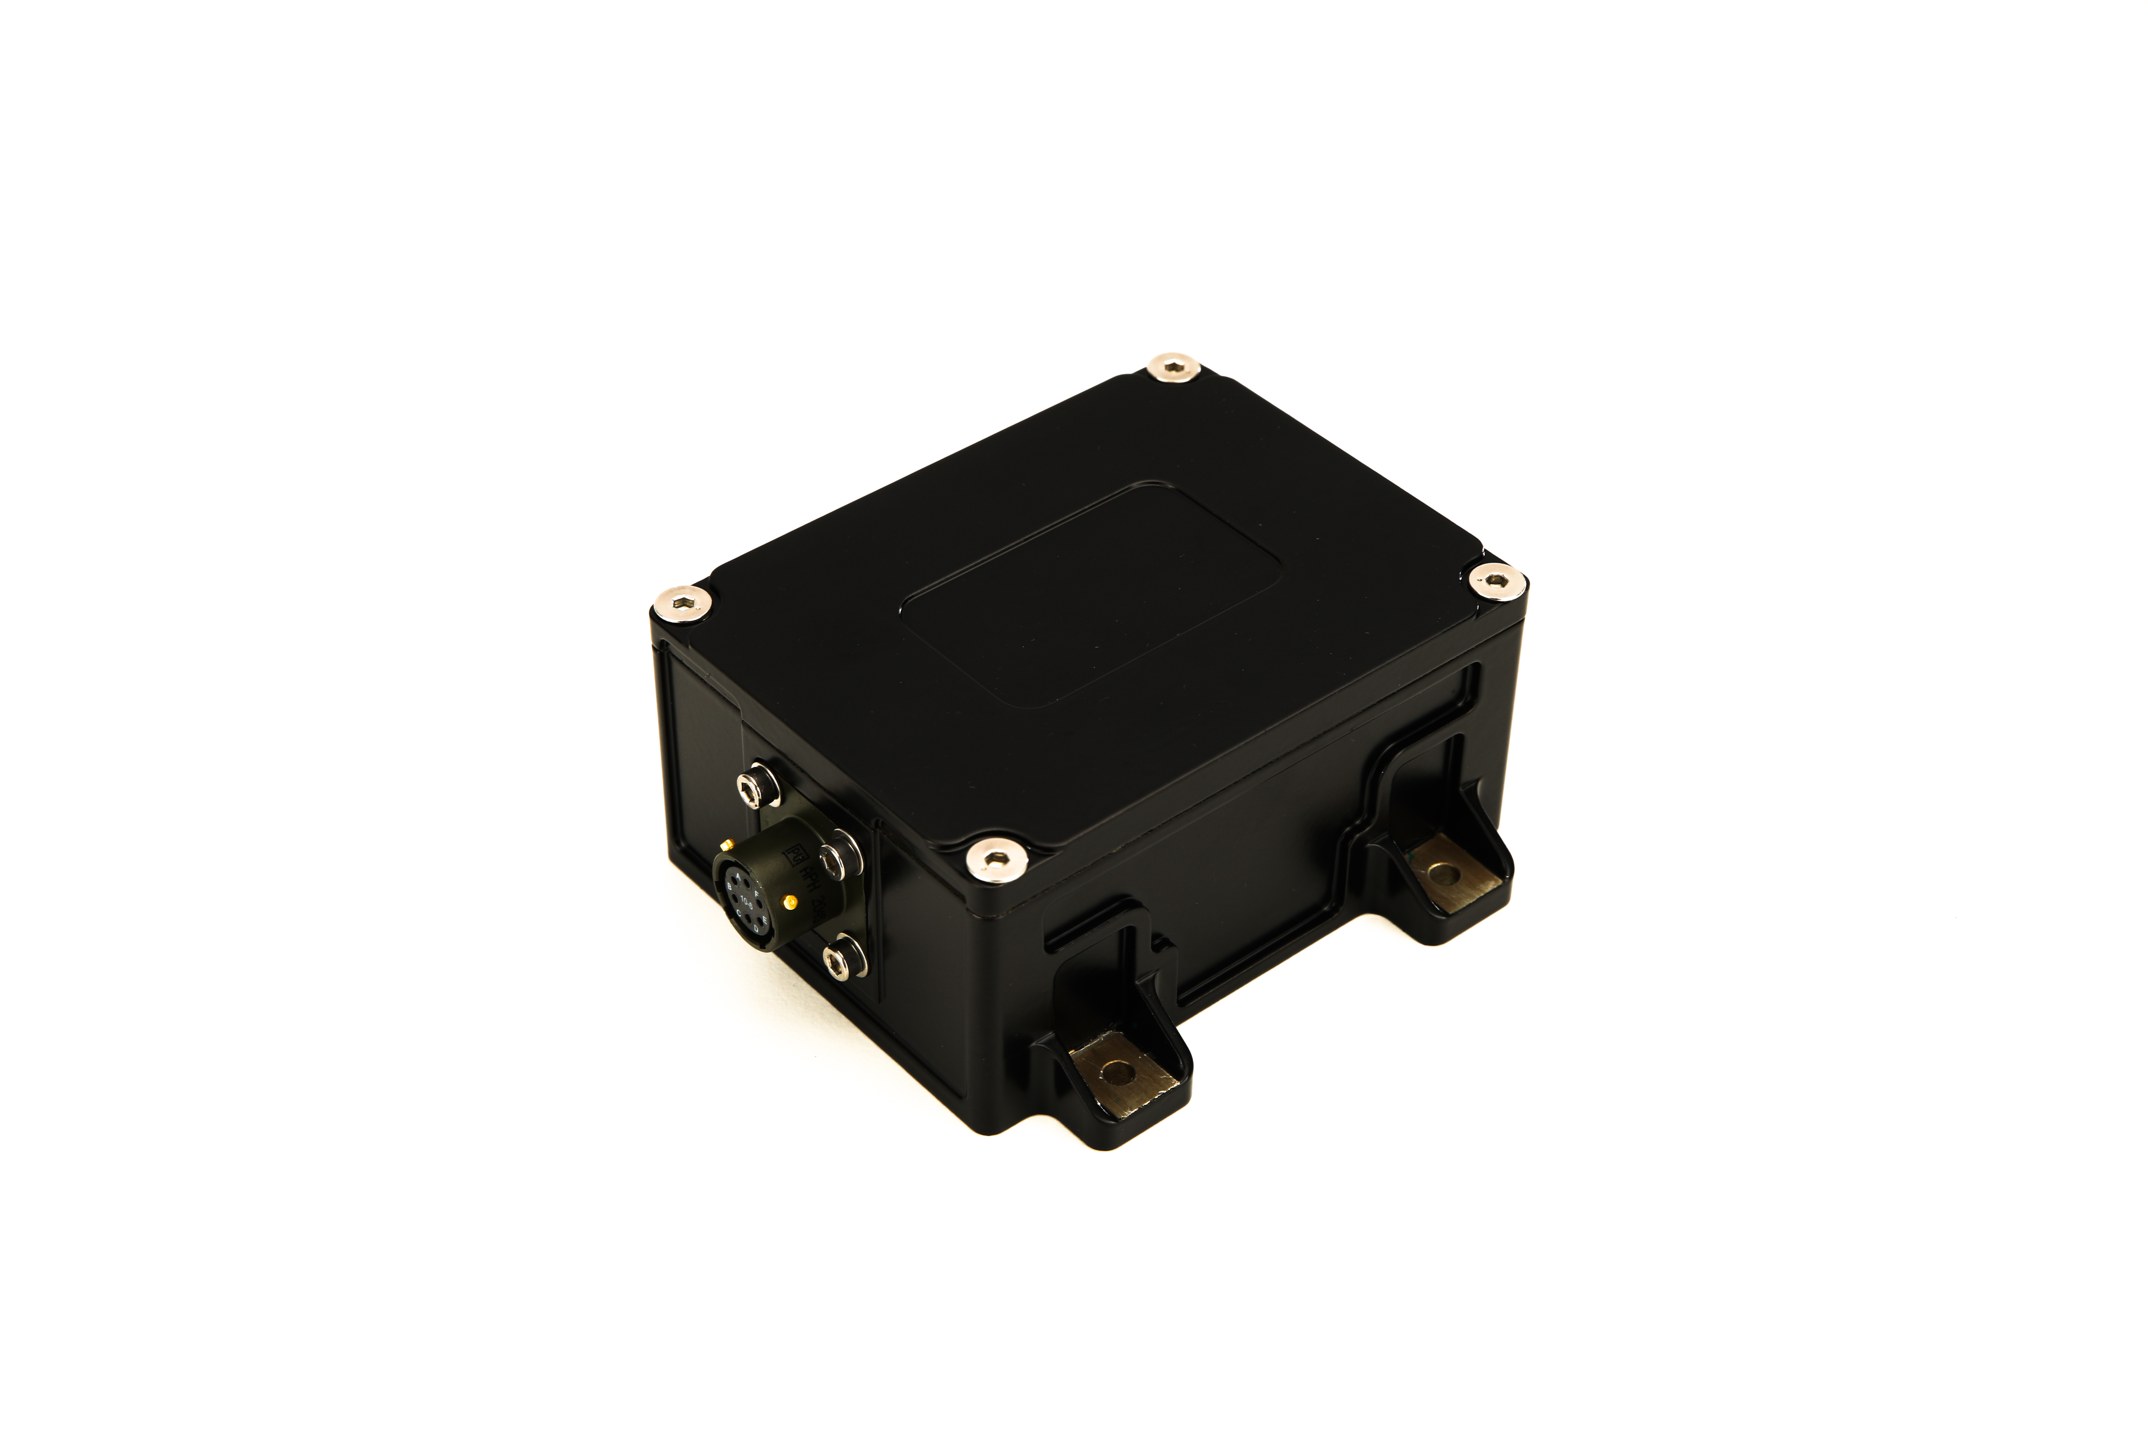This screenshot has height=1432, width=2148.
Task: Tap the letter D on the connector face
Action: click(x=756, y=929)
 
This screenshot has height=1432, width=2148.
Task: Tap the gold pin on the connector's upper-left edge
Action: click(x=728, y=845)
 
